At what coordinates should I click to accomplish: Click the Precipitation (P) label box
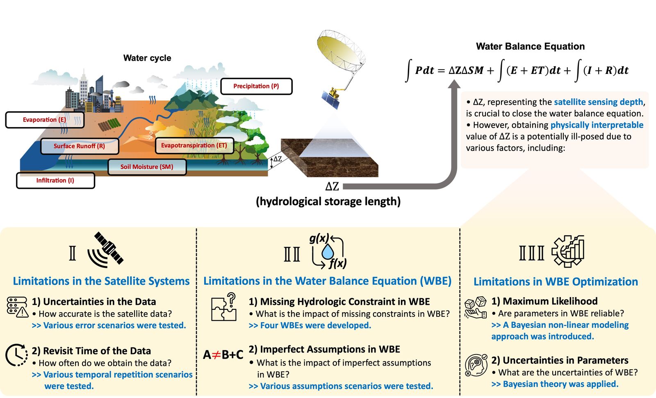pyautogui.click(x=256, y=86)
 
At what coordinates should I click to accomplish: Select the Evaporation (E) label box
pyautogui.click(x=45, y=120)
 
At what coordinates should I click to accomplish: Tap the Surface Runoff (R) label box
pyautogui.click(x=80, y=146)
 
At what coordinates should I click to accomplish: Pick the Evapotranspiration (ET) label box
pyautogui.click(x=194, y=145)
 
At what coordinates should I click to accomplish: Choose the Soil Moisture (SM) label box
pyautogui.click(x=147, y=167)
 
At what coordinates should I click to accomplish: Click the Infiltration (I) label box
pyautogui.click(x=55, y=181)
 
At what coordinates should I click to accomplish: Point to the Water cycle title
pyautogui.click(x=147, y=58)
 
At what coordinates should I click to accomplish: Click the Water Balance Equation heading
pyautogui.click(x=530, y=46)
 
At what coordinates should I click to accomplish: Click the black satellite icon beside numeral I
pyautogui.click(x=106, y=250)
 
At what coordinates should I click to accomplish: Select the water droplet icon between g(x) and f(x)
pyautogui.click(x=328, y=252)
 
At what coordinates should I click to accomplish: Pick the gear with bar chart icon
pyautogui.click(x=568, y=251)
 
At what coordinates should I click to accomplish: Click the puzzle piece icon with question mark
pyautogui.click(x=224, y=307)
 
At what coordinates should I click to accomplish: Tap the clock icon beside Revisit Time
pyautogui.click(x=17, y=355)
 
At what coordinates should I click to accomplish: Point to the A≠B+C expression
pyautogui.click(x=223, y=355)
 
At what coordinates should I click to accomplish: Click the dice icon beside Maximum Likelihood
pyautogui.click(x=476, y=307)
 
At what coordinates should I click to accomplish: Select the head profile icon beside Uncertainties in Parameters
pyautogui.click(x=476, y=365)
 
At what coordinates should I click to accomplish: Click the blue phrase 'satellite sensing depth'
pyautogui.click(x=599, y=102)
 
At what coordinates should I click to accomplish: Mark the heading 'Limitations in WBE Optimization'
pyautogui.click(x=556, y=281)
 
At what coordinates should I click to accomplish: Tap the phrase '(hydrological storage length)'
pyautogui.click(x=328, y=201)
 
